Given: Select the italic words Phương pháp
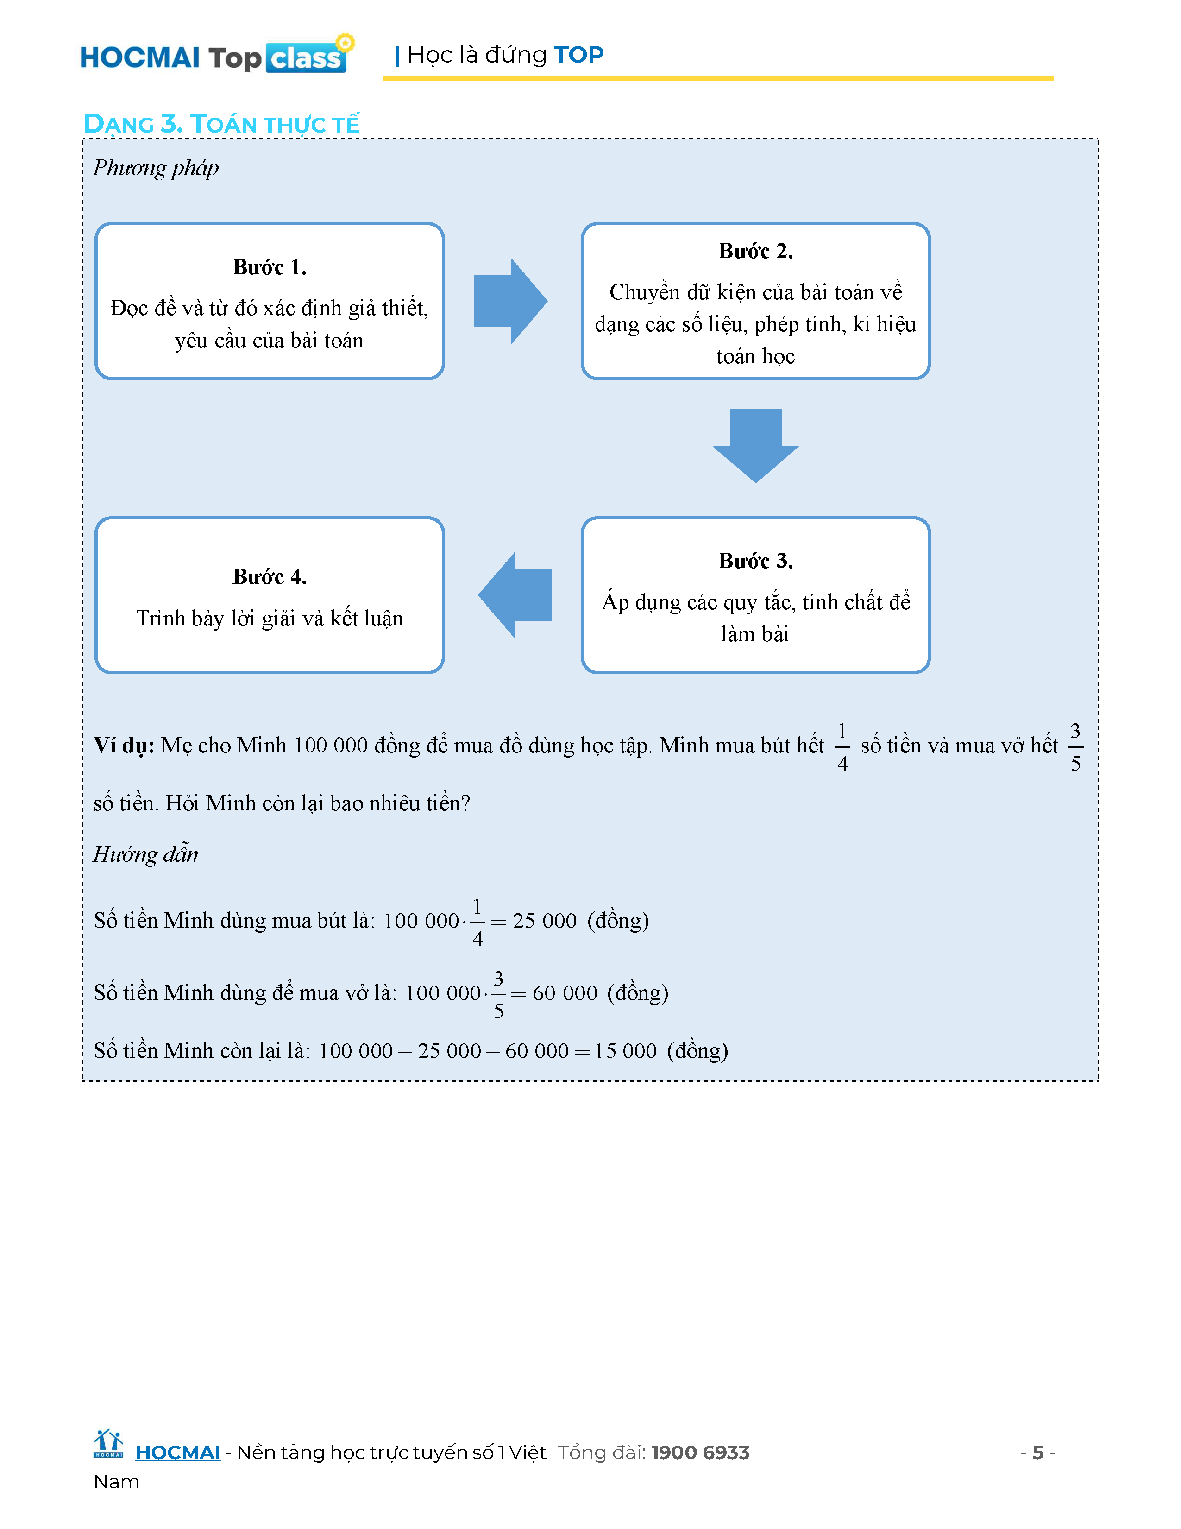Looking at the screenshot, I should (156, 168).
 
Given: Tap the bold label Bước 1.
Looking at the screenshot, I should (270, 267).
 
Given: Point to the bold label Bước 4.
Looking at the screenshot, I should (270, 577).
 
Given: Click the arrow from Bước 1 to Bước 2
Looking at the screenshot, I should (510, 302).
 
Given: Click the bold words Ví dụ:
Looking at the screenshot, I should (124, 746).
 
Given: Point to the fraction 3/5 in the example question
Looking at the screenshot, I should (1075, 747).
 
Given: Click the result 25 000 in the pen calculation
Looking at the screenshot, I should (544, 921).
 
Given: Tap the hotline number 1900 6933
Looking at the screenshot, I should (700, 1453).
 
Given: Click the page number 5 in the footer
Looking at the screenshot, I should (1037, 1453).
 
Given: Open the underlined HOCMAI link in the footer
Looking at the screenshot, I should (178, 1453).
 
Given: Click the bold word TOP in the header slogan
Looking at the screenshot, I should (578, 55).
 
